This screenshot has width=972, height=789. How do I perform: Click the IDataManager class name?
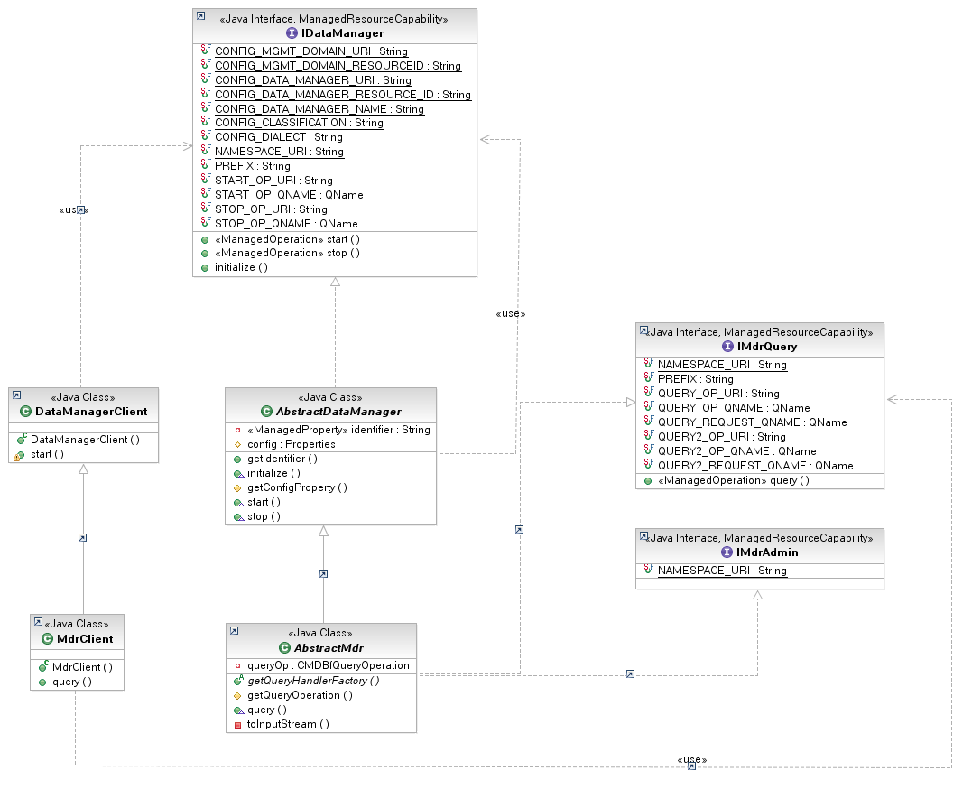point(342,33)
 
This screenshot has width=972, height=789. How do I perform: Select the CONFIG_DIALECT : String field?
point(278,137)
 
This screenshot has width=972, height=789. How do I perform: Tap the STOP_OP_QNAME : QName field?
point(286,223)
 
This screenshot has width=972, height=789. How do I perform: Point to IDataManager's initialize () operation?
point(241,267)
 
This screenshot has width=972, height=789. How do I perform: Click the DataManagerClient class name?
point(91,412)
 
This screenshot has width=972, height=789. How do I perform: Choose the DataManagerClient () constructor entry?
point(85,440)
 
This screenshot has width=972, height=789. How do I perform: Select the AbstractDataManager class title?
point(338,412)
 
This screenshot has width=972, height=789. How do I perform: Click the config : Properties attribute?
point(292,444)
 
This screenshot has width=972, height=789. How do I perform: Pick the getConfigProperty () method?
point(297,487)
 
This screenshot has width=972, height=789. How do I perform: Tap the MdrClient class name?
point(85,639)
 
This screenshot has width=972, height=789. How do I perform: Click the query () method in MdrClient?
point(72,682)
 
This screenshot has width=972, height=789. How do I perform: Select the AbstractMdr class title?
point(329,647)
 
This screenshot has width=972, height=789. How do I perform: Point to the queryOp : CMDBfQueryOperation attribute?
point(329,665)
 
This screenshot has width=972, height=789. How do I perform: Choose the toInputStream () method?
point(288,724)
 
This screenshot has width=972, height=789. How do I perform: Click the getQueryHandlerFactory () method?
point(313,681)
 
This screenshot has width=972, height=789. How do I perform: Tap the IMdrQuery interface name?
point(767,347)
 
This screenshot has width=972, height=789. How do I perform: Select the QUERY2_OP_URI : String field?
point(722,437)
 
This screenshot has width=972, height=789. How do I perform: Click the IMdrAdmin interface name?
point(767,552)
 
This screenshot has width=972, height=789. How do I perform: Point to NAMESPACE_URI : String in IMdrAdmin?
point(722,571)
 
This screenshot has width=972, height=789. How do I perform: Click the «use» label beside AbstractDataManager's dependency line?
point(511,314)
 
